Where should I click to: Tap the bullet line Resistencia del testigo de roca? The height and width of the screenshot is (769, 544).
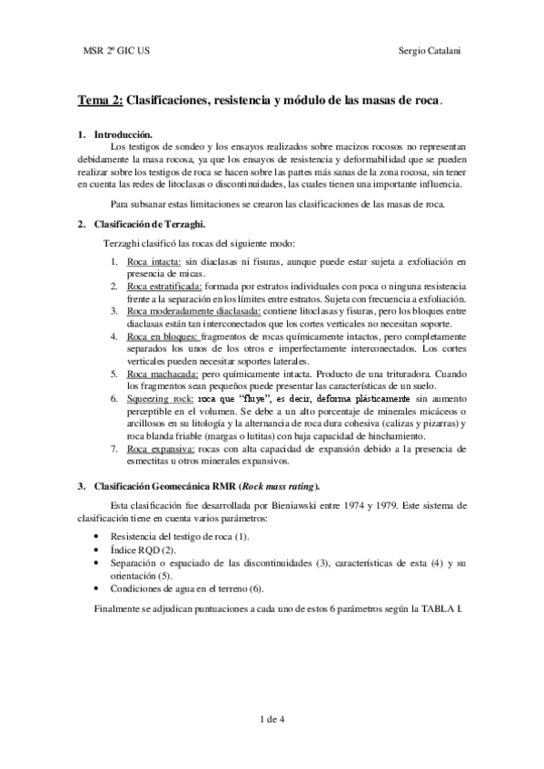[179, 538]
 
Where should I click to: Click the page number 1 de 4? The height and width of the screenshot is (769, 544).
[272, 719]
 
